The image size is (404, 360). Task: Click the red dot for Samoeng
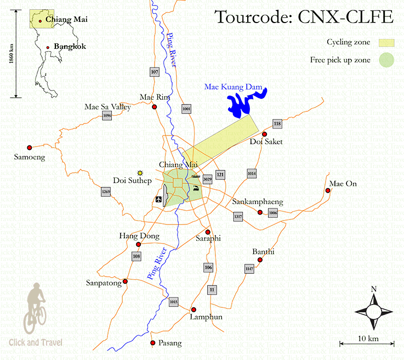point(30,147)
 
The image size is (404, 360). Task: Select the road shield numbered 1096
point(107,116)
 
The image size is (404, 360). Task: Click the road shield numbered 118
point(277,124)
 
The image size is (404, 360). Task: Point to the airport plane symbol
point(159,199)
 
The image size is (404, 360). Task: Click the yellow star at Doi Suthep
point(140,173)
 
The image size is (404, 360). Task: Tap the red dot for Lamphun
point(193,310)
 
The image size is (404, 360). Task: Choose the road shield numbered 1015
point(174,301)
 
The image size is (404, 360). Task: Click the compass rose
point(373,311)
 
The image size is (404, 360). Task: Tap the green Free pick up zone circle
point(387,60)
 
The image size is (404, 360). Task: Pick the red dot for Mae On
point(328,191)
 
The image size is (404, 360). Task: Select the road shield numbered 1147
point(249,268)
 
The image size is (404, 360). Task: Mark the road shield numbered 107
point(154,72)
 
